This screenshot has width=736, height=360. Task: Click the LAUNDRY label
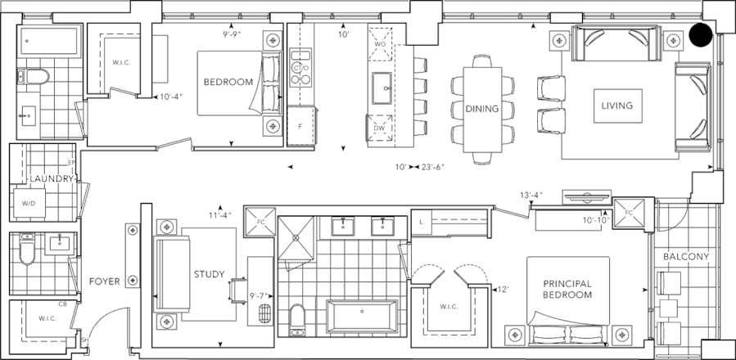(x=51, y=178)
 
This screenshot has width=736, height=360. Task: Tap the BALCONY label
(x=687, y=257)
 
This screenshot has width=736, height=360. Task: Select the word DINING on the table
(x=482, y=108)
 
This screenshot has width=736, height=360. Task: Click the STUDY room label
(x=208, y=275)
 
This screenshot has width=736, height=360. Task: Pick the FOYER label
(x=104, y=281)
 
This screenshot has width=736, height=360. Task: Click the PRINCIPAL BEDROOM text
(x=567, y=289)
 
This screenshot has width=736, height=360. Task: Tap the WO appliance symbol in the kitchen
(x=380, y=45)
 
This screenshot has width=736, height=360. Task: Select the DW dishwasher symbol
(x=379, y=128)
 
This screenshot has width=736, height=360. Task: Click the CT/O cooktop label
(x=300, y=66)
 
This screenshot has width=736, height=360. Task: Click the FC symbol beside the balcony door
(x=629, y=212)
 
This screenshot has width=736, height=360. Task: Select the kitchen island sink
(x=380, y=84)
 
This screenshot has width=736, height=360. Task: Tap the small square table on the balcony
(x=668, y=308)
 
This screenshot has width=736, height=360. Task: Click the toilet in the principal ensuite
(x=298, y=317)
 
